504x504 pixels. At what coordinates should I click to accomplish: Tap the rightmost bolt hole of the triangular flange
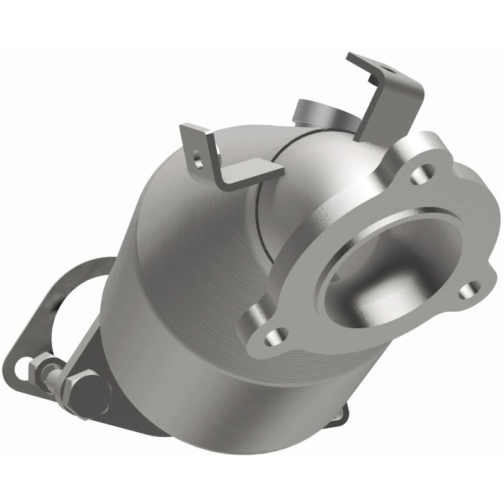467,291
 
